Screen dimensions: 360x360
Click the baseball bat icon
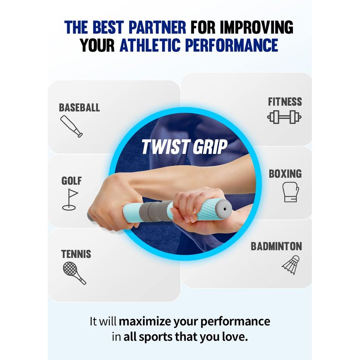coord(72,126)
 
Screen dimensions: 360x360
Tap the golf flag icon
coord(70,199)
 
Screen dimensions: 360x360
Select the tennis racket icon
coord(74,273)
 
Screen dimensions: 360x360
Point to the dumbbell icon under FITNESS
coord(284,117)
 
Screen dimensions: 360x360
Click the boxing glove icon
coord(291,192)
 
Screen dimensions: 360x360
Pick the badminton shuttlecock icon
coord(291,265)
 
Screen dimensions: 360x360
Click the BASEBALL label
coord(80,108)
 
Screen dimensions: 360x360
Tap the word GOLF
coord(72,181)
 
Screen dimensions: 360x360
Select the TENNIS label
coord(76,254)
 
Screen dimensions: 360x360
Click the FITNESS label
coord(285,102)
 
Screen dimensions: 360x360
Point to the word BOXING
coord(285,174)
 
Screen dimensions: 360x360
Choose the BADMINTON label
coord(276,246)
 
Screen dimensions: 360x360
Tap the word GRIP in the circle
coord(210,147)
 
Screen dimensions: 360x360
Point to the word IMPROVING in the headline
coord(256,27)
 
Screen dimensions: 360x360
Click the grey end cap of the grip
coord(223,209)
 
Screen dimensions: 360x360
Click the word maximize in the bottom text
coord(145,321)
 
